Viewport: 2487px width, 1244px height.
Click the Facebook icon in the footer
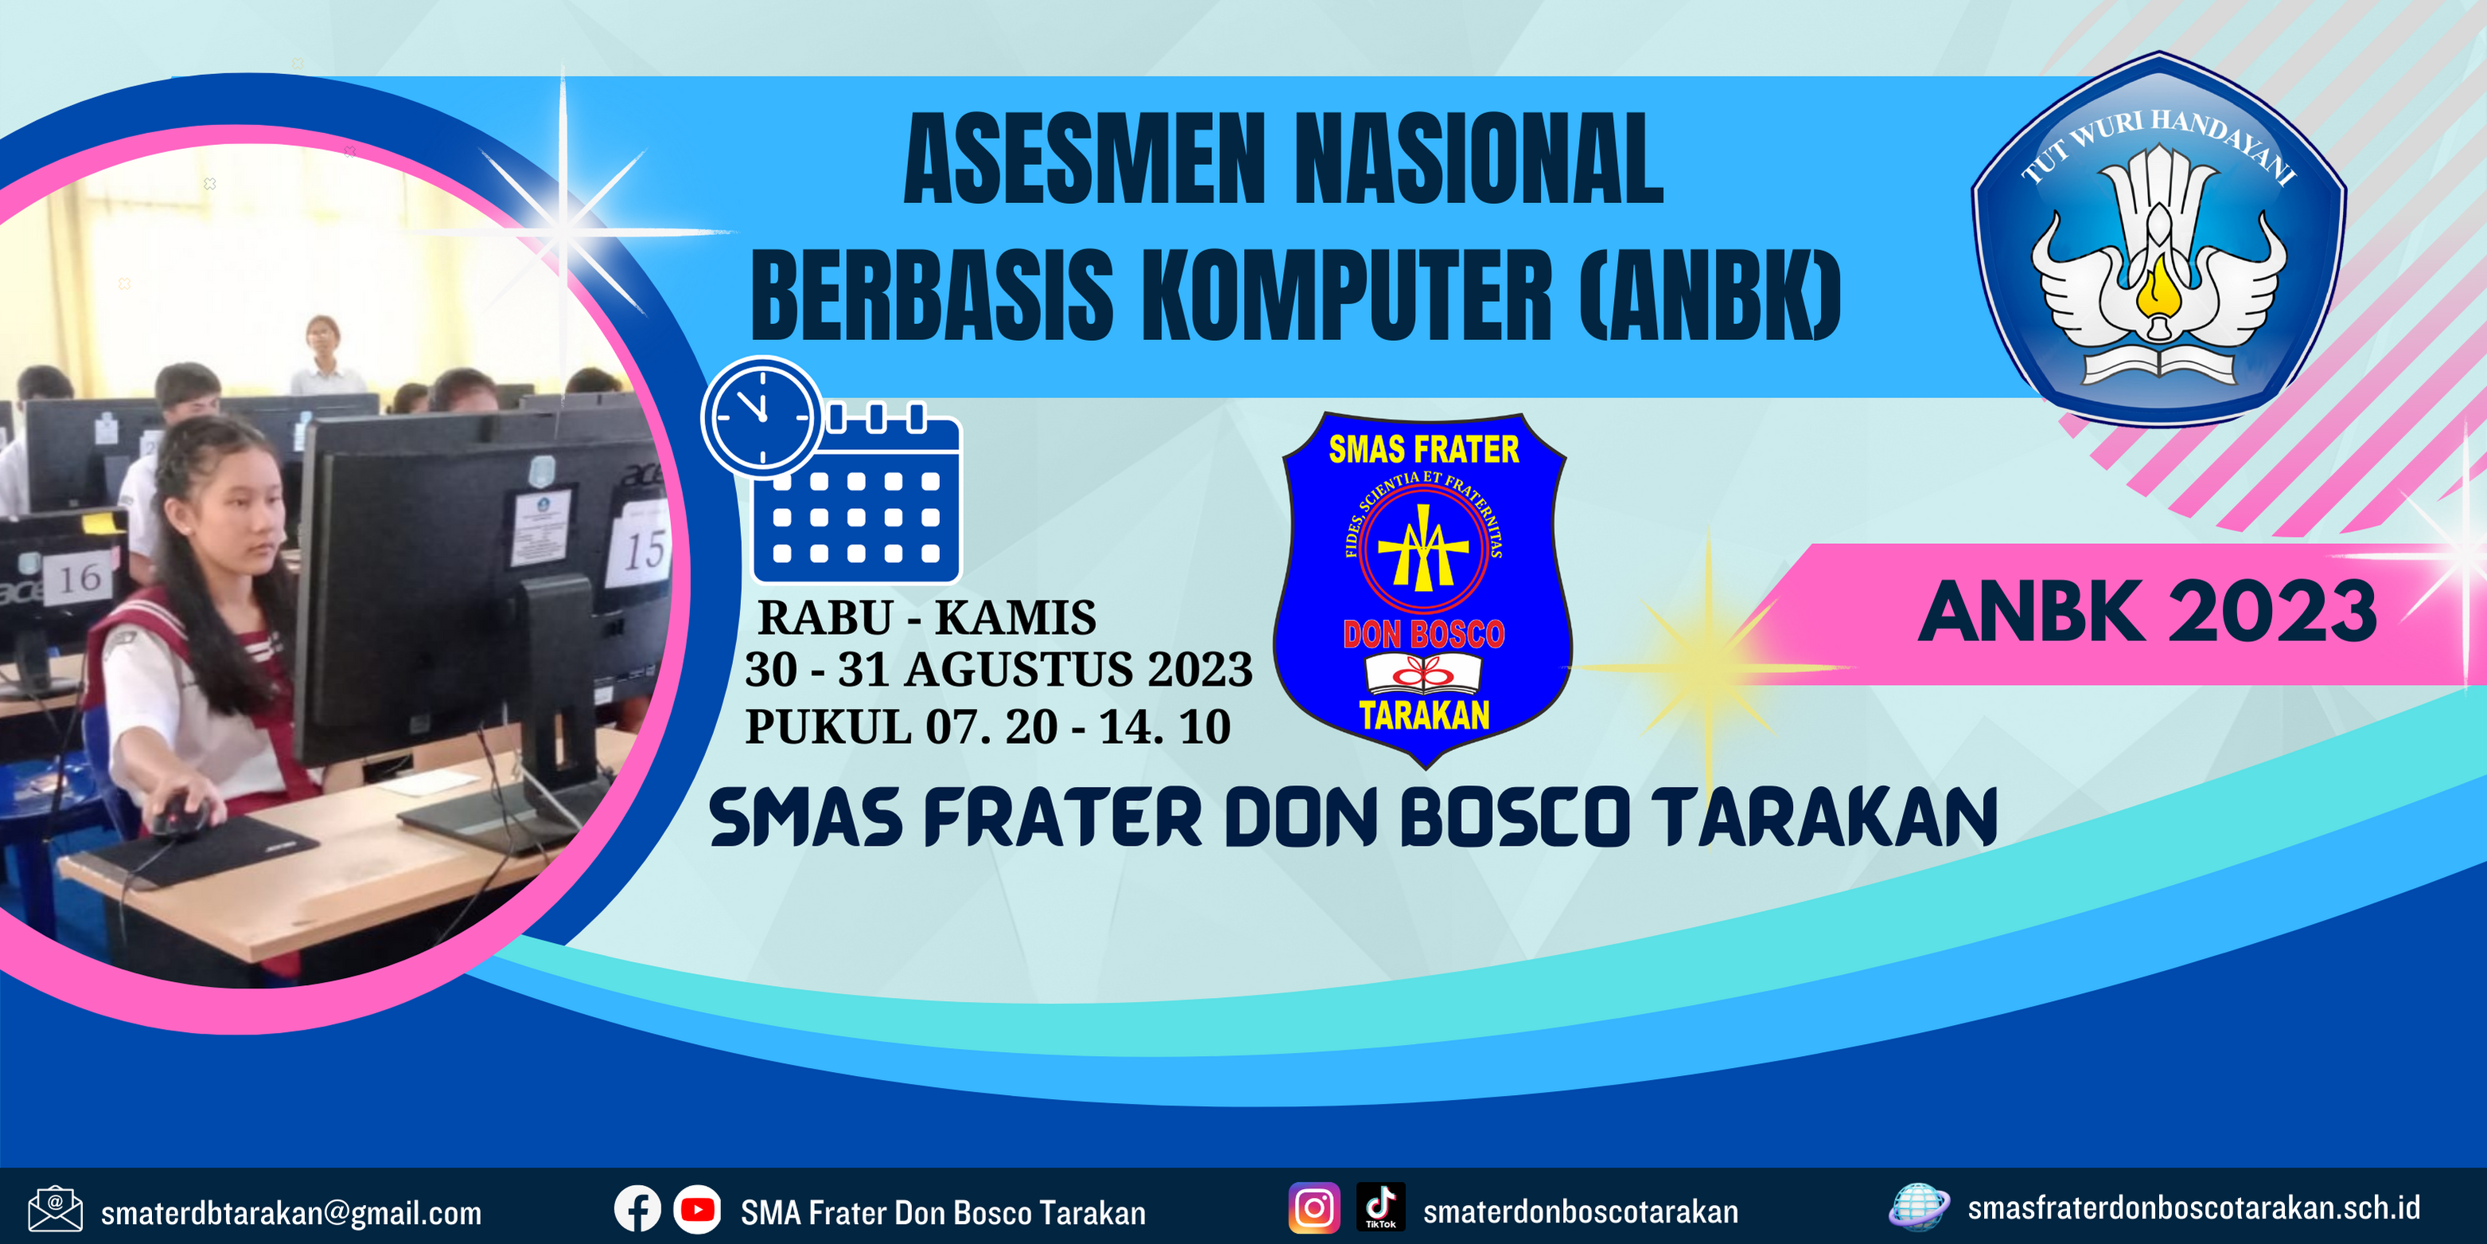(637, 1208)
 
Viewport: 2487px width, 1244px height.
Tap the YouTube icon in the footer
(696, 1209)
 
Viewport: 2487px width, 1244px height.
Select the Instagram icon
(1314, 1208)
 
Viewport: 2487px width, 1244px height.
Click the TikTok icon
(1381, 1207)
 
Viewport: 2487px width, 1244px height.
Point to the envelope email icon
(55, 1209)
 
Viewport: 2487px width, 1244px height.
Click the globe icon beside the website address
(1918, 1207)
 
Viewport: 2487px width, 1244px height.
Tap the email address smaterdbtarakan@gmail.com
(291, 1213)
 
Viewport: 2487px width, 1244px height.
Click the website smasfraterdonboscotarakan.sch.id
(2193, 1208)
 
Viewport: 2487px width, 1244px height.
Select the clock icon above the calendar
(762, 417)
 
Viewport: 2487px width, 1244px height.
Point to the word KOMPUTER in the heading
(1347, 295)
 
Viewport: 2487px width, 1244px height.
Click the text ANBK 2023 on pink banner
(2147, 612)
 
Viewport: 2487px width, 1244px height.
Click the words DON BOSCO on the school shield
(1424, 635)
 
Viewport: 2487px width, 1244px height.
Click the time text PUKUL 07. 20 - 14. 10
(988, 727)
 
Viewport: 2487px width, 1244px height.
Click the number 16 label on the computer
(79, 578)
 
